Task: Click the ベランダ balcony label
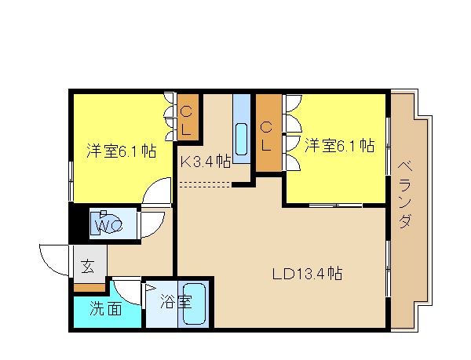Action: click(405, 195)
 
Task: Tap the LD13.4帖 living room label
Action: click(307, 273)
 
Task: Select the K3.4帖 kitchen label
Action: click(206, 162)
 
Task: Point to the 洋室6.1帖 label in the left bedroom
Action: click(122, 151)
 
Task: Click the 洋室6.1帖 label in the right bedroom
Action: click(339, 146)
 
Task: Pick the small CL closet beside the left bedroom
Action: click(188, 118)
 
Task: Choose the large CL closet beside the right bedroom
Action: click(268, 133)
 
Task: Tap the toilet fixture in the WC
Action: click(105, 223)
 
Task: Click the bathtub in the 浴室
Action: click(195, 304)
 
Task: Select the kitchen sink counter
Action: click(242, 129)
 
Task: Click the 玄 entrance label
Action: click(87, 266)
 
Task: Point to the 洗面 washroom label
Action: click(106, 308)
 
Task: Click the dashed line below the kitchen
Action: click(205, 184)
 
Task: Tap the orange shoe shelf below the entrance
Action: click(89, 288)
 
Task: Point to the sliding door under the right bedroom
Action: click(335, 205)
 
